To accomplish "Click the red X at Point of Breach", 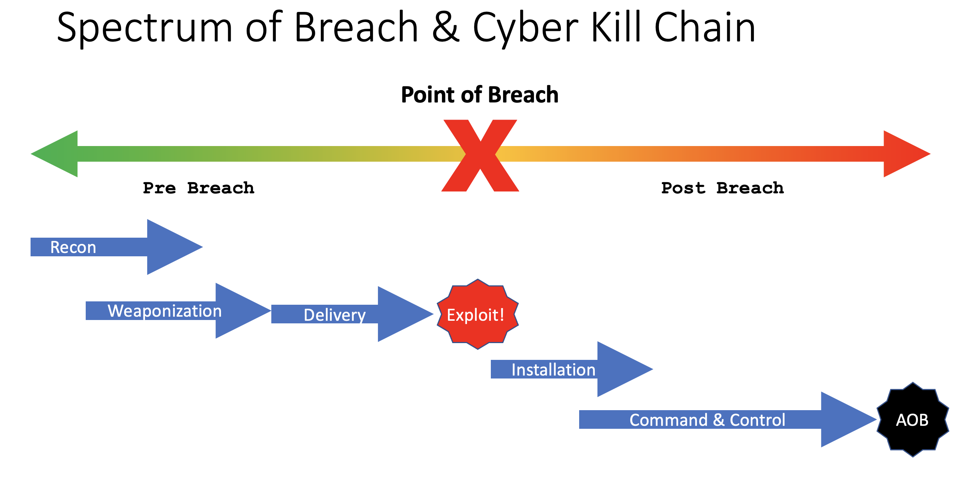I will pyautogui.click(x=480, y=155).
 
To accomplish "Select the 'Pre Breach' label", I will pyautogui.click(x=198, y=188).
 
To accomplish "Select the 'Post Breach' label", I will pyautogui.click(x=722, y=188).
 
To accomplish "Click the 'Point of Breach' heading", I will pyautogui.click(x=480, y=95).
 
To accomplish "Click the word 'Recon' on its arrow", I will pyautogui.click(x=73, y=247).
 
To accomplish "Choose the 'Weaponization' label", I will pyautogui.click(x=165, y=311).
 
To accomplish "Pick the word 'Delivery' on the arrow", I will pyautogui.click(x=335, y=315).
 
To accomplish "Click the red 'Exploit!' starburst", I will pyautogui.click(x=477, y=314).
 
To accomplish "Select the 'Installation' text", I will pyautogui.click(x=553, y=370).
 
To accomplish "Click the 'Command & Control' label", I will pyautogui.click(x=707, y=420).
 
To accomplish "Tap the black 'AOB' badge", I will pyautogui.click(x=912, y=420).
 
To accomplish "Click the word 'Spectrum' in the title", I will pyautogui.click(x=144, y=28).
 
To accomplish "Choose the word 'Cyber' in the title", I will pyautogui.click(x=525, y=28).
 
